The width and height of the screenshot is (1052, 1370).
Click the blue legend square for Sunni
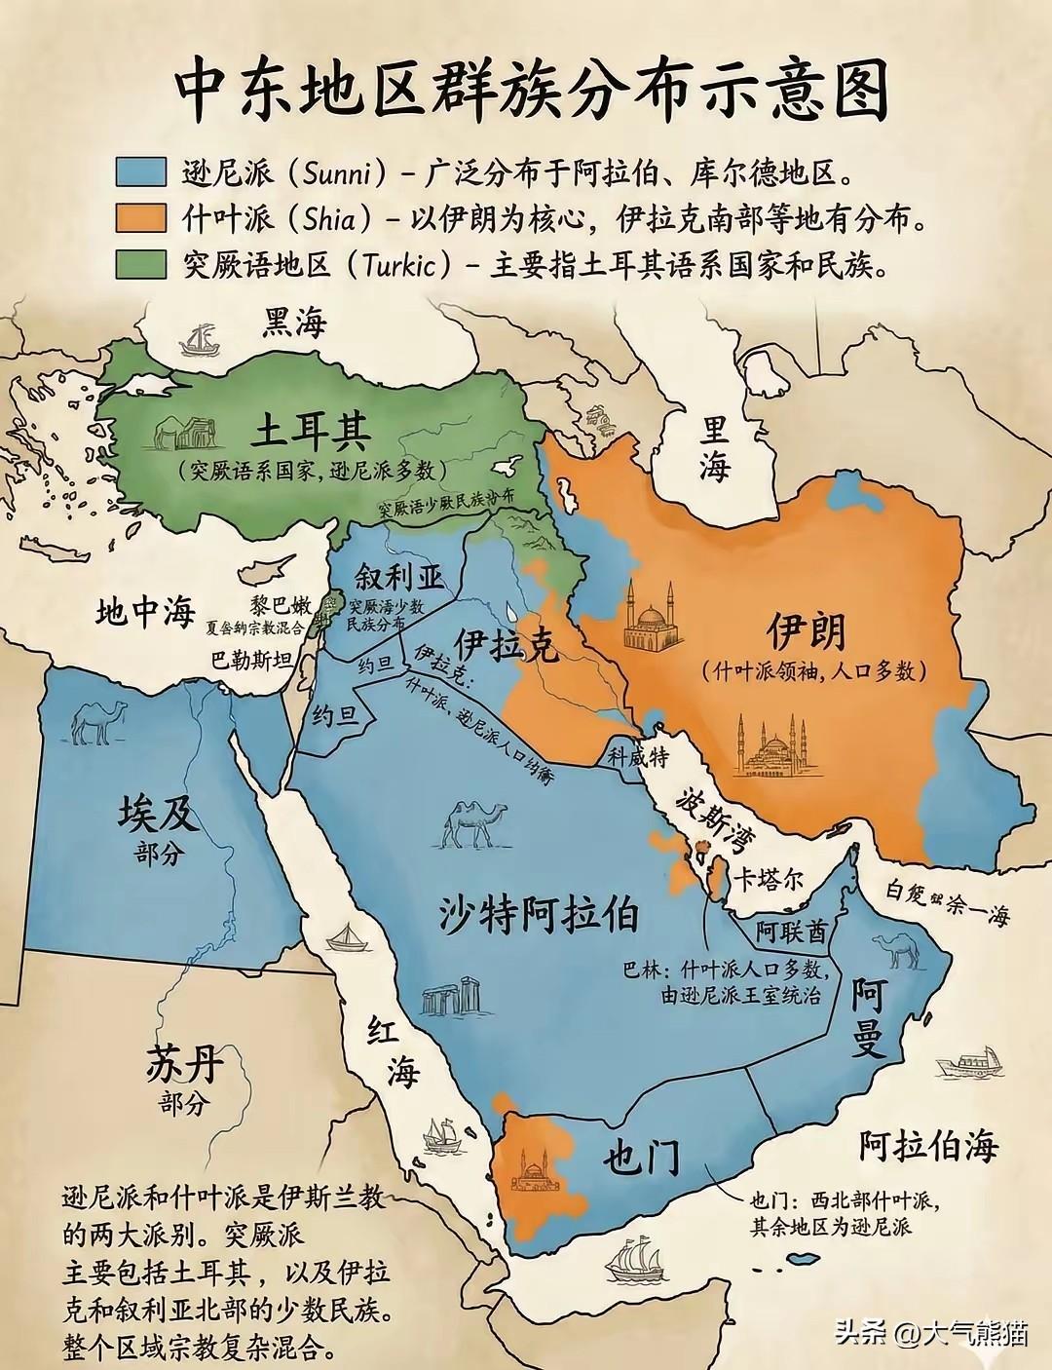[x=140, y=171]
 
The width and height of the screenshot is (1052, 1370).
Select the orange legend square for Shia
[x=140, y=217]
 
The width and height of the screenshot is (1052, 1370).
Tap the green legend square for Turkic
[x=140, y=264]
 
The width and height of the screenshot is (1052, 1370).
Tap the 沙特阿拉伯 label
[x=538, y=914]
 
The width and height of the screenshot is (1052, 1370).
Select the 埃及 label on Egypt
[x=158, y=813]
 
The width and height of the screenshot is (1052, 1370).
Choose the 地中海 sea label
[x=146, y=612]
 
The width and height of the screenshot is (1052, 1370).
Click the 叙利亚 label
[x=399, y=576]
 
